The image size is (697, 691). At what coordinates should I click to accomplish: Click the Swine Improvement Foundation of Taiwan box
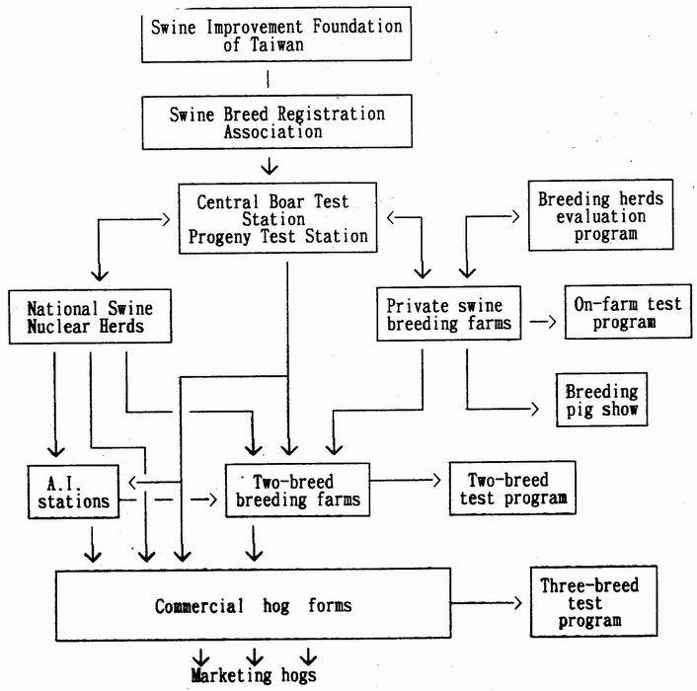coord(276,35)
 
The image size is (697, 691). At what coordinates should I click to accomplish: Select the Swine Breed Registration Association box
coord(276,121)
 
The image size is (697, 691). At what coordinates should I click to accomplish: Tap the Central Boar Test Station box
coord(277,218)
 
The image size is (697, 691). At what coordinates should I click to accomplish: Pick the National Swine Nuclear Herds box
coord(90,317)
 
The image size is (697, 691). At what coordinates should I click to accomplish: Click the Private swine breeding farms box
coord(448,314)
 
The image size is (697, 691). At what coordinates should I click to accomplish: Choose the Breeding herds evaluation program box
coord(600,215)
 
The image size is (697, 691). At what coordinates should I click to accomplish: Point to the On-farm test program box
coord(628,312)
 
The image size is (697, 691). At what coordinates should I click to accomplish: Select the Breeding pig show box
coord(601,400)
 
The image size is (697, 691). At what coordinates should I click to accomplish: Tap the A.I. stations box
coord(73,492)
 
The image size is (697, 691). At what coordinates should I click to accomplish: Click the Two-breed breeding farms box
coord(297,491)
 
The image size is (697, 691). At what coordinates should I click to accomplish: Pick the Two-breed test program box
coord(512,488)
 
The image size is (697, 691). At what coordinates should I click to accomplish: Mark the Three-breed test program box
coord(593,602)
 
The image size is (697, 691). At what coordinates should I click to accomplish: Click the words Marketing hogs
coord(254,675)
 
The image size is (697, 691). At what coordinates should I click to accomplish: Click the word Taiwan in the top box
coord(276,44)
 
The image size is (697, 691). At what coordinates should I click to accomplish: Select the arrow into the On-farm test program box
coord(543,321)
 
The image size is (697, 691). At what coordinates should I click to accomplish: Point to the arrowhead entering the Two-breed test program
coord(436,480)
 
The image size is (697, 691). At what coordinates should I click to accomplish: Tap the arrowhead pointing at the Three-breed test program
coord(517,603)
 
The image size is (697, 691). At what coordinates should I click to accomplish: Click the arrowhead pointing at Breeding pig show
coord(535,409)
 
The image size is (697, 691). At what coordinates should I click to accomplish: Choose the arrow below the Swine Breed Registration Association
coord(270,165)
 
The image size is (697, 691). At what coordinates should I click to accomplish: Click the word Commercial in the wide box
coord(199,606)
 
